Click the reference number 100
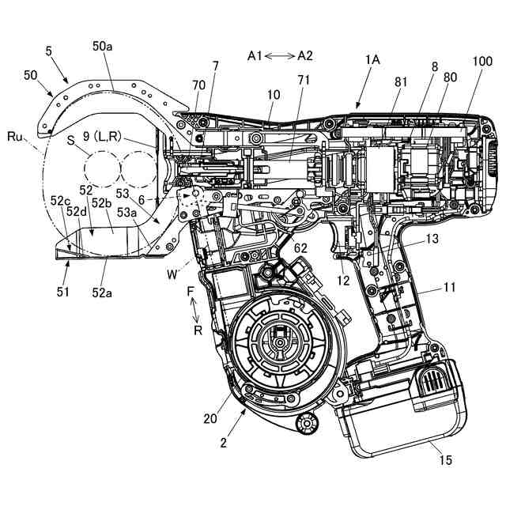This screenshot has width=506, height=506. pos(482,61)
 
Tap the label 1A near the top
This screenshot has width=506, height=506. pos(372,60)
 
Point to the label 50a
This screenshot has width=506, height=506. pos(102,47)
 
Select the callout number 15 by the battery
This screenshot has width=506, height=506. pos(445,460)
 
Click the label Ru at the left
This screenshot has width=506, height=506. pos(15,137)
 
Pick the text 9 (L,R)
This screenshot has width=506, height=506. pos(102,137)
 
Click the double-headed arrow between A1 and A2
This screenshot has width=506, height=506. pos(280,56)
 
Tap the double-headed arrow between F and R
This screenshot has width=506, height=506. pos(194,310)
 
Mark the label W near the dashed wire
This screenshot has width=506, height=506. pos(172,274)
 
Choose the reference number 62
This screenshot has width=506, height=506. pos(300,248)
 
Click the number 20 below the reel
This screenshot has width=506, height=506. pos(210,418)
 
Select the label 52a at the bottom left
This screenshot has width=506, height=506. pos(102,293)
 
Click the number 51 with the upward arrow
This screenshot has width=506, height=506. pos(63,292)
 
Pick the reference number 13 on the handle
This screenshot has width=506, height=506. pos(432,239)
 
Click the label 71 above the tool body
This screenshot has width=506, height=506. pos(304,80)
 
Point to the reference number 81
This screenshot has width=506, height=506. pos(401,82)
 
